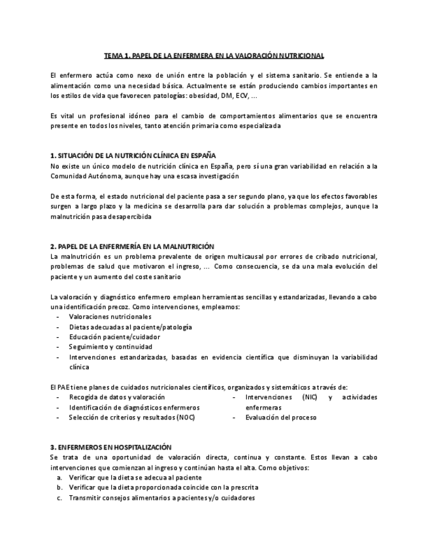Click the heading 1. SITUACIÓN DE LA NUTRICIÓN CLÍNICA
point(133,155)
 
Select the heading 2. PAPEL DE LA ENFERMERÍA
point(132,246)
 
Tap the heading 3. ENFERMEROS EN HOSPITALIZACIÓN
point(110,447)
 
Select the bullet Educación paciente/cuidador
point(114,337)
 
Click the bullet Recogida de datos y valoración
point(116,397)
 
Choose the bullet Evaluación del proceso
point(281,417)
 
